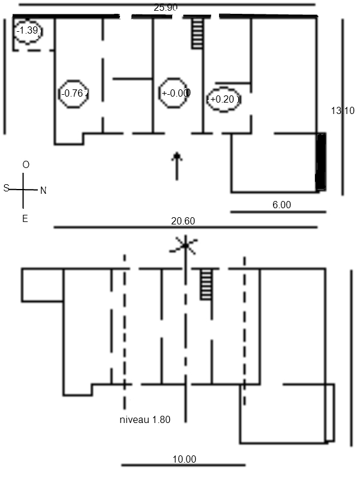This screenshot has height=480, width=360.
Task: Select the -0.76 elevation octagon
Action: point(74,93)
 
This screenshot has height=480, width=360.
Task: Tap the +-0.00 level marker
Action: point(175,93)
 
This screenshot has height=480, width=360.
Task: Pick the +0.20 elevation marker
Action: point(224,100)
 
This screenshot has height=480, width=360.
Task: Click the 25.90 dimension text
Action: point(166,8)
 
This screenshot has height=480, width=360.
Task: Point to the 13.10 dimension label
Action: point(343,110)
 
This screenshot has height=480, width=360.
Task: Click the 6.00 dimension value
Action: point(281,205)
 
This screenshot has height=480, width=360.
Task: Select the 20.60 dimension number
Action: point(183,221)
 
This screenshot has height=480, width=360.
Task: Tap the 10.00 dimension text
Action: point(184,460)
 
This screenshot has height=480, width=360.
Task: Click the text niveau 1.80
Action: point(145,420)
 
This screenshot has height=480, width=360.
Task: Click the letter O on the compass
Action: point(25,164)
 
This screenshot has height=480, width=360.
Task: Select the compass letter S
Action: point(6,188)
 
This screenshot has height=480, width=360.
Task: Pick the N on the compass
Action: point(43,191)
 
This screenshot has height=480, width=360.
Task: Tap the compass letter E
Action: point(25,219)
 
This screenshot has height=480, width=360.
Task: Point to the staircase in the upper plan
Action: point(196,33)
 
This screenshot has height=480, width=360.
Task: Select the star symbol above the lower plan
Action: point(185,244)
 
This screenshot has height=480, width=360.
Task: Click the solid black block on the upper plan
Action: point(321,162)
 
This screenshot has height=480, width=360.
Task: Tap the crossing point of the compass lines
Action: point(23,190)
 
